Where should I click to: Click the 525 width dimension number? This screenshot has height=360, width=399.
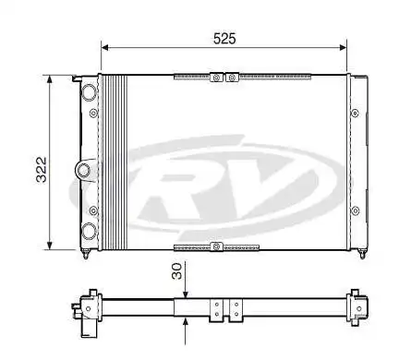coord(225,38)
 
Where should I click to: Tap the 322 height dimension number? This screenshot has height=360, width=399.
coord(42,162)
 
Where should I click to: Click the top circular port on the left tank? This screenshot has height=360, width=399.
coord(88,93)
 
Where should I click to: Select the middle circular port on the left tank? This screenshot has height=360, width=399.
coord(83,170)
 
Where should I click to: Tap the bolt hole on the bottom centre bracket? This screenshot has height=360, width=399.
coord(216,246)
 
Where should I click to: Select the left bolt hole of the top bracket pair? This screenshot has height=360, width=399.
coord(216,78)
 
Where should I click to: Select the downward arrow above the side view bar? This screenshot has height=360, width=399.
coord(186,288)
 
